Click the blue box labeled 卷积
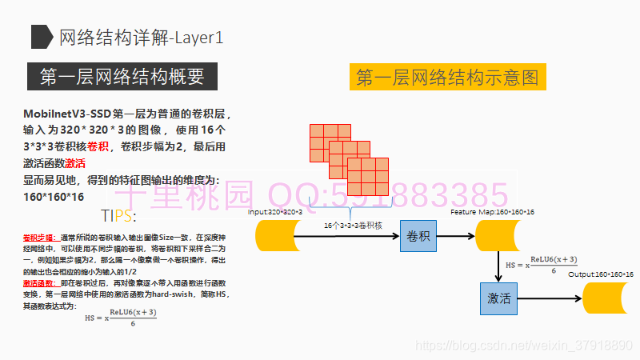tap(419, 236)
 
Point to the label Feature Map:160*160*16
tap(492, 212)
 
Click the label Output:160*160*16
tap(601, 274)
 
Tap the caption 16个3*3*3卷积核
tap(353, 226)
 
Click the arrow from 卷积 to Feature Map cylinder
tap(458, 236)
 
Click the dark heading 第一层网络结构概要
tap(122, 77)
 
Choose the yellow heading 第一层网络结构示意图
tap(447, 78)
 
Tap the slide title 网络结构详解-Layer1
tap(141, 37)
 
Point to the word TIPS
tap(118, 216)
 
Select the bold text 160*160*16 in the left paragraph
tap(54, 197)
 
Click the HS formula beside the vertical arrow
tap(542, 266)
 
